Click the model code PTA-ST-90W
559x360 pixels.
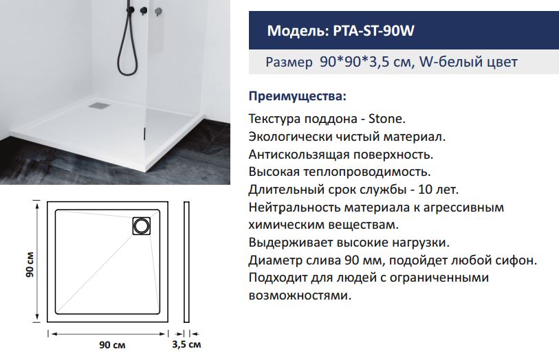tap(373, 31)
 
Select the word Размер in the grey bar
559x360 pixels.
tap(289, 63)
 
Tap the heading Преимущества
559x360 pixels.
tap(297, 96)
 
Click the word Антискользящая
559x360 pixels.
tap(298, 155)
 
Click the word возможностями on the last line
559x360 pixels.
tap(300, 295)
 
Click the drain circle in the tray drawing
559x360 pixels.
tap(142, 226)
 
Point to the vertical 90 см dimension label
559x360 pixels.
tap(30, 265)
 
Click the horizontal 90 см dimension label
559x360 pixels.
tap(112, 345)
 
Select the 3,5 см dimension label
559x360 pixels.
tap(186, 344)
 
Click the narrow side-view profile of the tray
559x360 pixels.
tap(186, 262)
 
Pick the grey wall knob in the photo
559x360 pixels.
tap(158, 12)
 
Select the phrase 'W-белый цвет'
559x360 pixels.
tap(468, 63)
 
